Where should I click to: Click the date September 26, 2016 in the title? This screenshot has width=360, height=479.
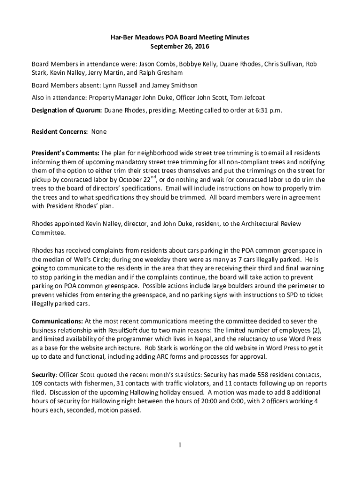(x=180, y=46)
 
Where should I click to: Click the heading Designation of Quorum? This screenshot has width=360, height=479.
(x=66, y=110)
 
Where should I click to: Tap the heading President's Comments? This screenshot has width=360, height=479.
(x=65, y=153)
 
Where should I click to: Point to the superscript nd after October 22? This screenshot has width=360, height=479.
(x=153, y=177)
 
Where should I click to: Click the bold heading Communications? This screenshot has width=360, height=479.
(x=58, y=321)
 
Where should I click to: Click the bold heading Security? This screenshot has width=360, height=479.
(x=43, y=375)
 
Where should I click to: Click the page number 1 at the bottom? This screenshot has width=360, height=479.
(x=180, y=444)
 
